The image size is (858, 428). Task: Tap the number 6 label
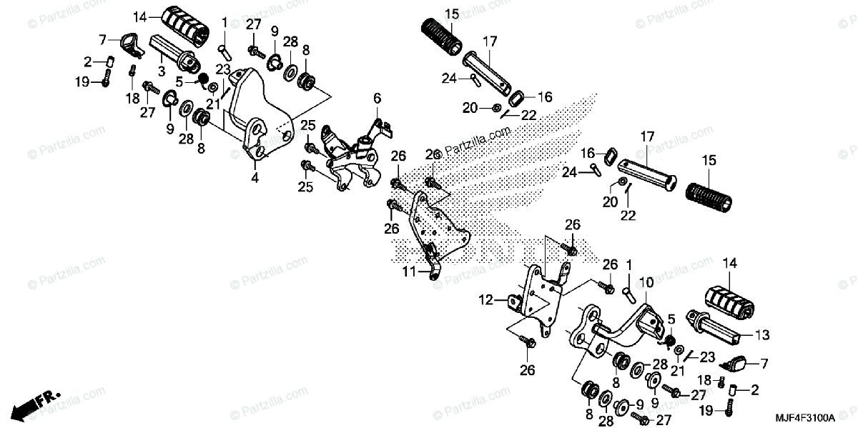point(377,98)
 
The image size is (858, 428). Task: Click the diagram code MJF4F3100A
point(808,415)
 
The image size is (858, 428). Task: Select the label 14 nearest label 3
point(139,16)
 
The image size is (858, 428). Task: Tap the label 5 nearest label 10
point(671,318)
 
